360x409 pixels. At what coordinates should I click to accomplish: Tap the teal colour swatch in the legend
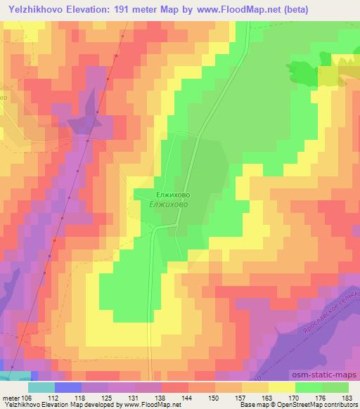[x=41, y=387]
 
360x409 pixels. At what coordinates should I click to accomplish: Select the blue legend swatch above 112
[x=68, y=387]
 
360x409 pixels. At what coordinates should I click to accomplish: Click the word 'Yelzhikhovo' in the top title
[x=34, y=8]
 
